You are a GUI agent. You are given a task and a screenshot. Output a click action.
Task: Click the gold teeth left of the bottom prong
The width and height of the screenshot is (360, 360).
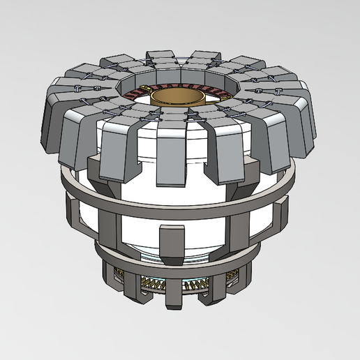150,283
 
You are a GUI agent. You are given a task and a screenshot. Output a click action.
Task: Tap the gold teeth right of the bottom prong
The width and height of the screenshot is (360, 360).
199,283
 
